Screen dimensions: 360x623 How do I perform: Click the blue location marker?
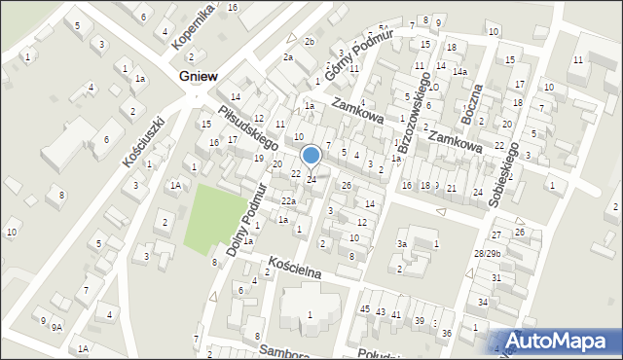point(311,156)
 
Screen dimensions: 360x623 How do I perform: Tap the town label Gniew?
point(199,76)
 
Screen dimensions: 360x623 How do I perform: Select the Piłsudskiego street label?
point(248,127)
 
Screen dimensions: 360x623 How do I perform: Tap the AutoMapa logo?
point(558,341)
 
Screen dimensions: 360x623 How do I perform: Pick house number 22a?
point(288,200)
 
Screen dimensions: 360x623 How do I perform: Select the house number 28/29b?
point(487,253)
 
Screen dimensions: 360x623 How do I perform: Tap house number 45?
point(365,309)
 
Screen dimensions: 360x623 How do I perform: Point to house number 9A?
point(57,327)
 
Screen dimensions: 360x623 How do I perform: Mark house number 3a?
point(401,243)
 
